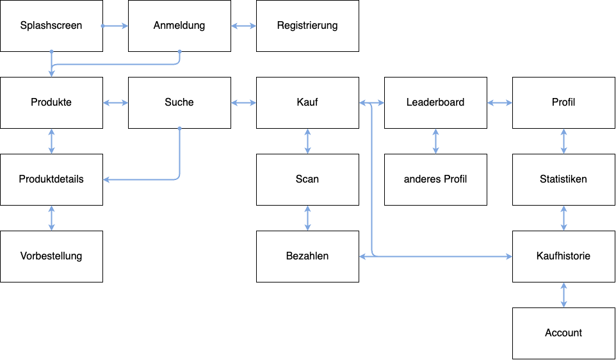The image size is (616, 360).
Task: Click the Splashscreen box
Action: coord(51,26)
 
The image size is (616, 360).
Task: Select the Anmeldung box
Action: coord(179,26)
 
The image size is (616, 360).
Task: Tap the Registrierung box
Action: coord(307,26)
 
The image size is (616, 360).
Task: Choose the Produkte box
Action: coord(51,102)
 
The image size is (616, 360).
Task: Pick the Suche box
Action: coord(179,102)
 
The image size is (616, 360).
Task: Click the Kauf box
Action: coord(307,102)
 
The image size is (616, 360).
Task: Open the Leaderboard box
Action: coord(435,102)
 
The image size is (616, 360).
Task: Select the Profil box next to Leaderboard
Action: coord(563,102)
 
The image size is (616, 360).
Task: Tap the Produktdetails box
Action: coord(51,179)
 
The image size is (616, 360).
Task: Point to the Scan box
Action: coord(307,179)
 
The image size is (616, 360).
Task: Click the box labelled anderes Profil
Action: coord(435,179)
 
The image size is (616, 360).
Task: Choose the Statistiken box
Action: coord(563,179)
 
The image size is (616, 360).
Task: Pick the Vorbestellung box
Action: coord(51,256)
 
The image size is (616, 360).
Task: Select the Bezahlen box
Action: coord(307,256)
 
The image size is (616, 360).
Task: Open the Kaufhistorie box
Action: coord(563,256)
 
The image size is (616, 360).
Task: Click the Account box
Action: coord(563,333)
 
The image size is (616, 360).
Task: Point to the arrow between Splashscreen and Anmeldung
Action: coord(115,26)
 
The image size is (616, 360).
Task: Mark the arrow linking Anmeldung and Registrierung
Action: coord(243,26)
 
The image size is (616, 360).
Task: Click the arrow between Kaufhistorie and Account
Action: coord(563,295)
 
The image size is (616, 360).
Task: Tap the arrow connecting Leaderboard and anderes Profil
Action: coord(435,141)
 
